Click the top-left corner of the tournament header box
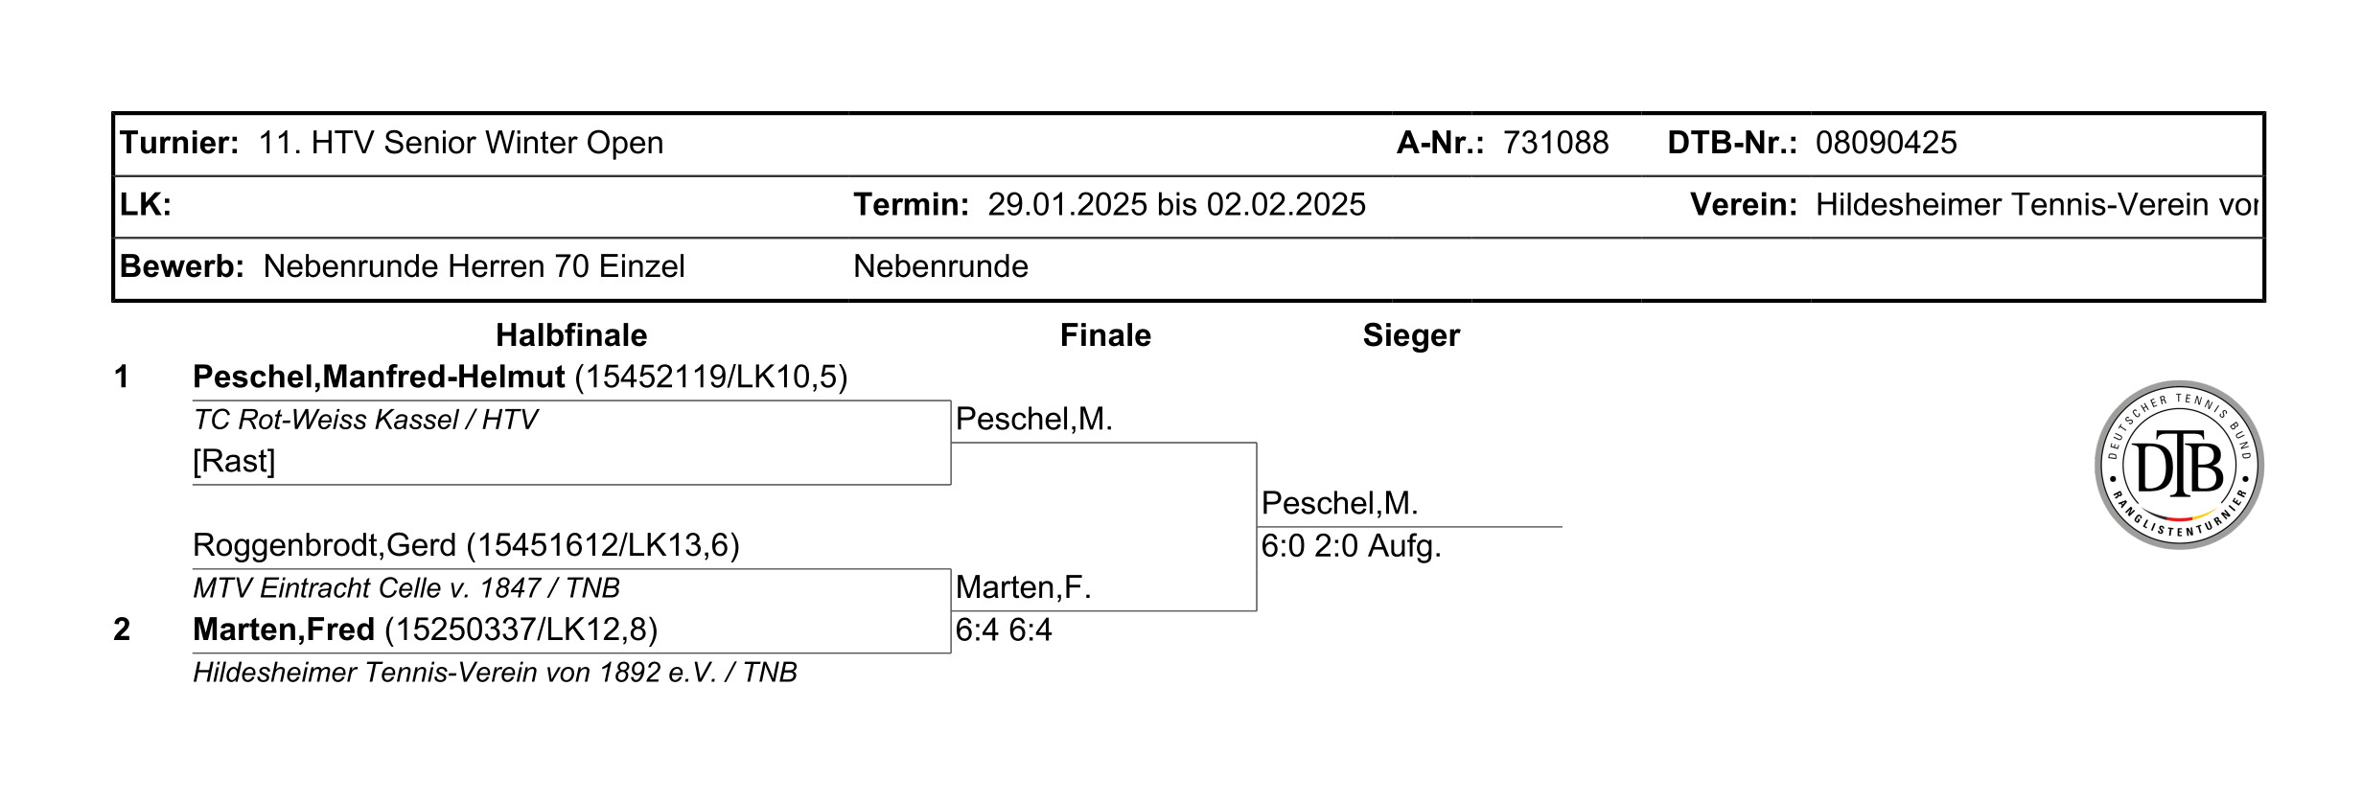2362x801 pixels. tap(113, 113)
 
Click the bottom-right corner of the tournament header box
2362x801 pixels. tap(2264, 301)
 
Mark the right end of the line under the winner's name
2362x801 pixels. tap(1562, 527)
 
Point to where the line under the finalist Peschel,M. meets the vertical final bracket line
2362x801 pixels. tap(1257, 443)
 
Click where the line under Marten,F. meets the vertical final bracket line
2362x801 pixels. tap(1257, 610)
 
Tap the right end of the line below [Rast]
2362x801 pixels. tap(951, 485)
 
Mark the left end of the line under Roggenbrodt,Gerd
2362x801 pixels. tap(194, 569)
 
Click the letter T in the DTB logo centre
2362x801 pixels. tap(2179, 462)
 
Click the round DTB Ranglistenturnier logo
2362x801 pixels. tap(2179, 465)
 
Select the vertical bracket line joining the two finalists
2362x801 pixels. tap(1257, 527)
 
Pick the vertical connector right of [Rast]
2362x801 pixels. tap(951, 443)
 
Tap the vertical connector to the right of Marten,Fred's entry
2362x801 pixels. tap(951, 611)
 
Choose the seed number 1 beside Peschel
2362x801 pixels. tap(122, 377)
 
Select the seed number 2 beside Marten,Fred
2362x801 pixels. tap(122, 629)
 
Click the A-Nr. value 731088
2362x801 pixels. tap(1556, 143)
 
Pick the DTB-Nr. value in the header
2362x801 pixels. tap(1887, 143)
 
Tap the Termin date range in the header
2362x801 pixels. tap(1177, 204)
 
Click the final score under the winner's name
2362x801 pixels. tap(1351, 546)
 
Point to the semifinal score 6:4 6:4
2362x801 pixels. tap(1004, 629)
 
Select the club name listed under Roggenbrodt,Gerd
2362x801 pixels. tap(406, 587)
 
